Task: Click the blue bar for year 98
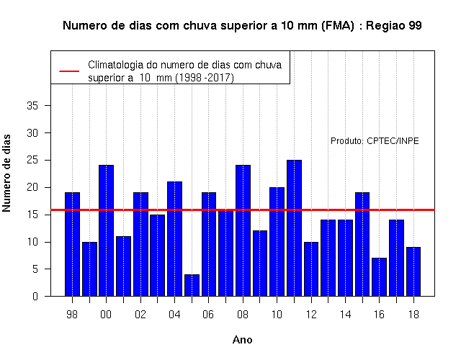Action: click(x=72, y=244)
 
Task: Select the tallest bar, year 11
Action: click(x=295, y=228)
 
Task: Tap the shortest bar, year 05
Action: click(x=192, y=285)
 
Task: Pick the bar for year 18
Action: click(x=413, y=271)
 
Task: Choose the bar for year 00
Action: click(x=107, y=230)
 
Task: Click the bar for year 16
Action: click(x=380, y=277)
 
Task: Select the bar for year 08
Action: click(x=243, y=230)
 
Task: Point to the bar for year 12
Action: click(x=311, y=269)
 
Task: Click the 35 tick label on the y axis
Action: click(x=32, y=106)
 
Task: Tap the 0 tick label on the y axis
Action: click(x=35, y=296)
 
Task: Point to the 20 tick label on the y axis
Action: click(x=32, y=187)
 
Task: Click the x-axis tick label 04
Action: click(x=174, y=315)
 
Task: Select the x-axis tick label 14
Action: click(x=345, y=315)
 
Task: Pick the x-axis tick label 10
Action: click(x=277, y=315)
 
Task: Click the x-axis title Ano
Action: click(x=242, y=340)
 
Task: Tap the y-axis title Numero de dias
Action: click(x=6, y=174)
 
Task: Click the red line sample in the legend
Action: click(x=69, y=71)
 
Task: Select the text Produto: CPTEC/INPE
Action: click(x=375, y=141)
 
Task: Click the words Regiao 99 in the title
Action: click(x=394, y=26)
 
